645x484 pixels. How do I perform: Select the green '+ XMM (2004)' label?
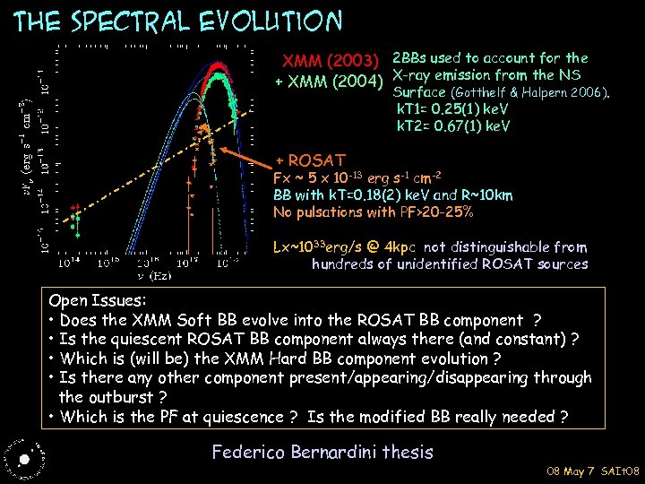pos(329,82)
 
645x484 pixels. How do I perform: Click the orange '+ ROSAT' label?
pos(310,160)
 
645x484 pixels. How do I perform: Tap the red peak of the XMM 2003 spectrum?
pos(216,65)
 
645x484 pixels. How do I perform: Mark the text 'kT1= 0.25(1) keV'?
pos(453,108)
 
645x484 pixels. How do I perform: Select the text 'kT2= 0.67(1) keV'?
pos(453,125)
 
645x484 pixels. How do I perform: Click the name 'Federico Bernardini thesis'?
pos(322,452)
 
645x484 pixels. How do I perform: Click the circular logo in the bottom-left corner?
pos(23,456)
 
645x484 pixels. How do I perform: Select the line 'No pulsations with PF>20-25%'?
pos(374,212)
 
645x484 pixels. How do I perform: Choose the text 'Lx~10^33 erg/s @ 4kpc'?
pos(346,246)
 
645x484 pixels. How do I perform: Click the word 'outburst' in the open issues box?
pos(117,396)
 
